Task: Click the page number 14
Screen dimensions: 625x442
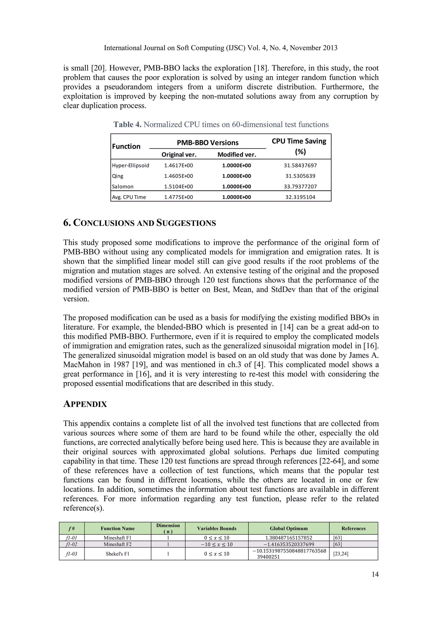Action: coord(375,574)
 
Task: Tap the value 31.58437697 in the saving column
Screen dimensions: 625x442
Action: coord(300,165)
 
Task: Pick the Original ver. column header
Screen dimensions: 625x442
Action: coord(179,155)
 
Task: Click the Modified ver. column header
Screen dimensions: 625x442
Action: coord(237,155)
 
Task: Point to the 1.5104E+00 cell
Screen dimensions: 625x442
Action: coord(178,186)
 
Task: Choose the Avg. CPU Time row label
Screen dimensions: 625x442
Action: coord(129,197)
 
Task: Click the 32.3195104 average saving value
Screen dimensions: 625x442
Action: coord(300,197)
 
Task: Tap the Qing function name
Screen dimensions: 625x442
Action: coord(118,176)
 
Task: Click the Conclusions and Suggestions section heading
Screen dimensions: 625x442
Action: coord(139,223)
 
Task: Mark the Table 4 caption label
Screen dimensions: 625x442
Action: coord(127,124)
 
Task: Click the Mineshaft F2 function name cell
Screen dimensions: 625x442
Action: coord(118,544)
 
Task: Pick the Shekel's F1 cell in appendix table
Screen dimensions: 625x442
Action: coord(118,554)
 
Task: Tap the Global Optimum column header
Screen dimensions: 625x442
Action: coord(289,528)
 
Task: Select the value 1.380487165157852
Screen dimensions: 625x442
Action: coord(289,538)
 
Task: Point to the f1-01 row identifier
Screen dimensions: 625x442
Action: coord(72,538)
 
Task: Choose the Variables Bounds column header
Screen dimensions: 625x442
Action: coord(217,528)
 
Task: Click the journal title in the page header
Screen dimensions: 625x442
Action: coord(220,48)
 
